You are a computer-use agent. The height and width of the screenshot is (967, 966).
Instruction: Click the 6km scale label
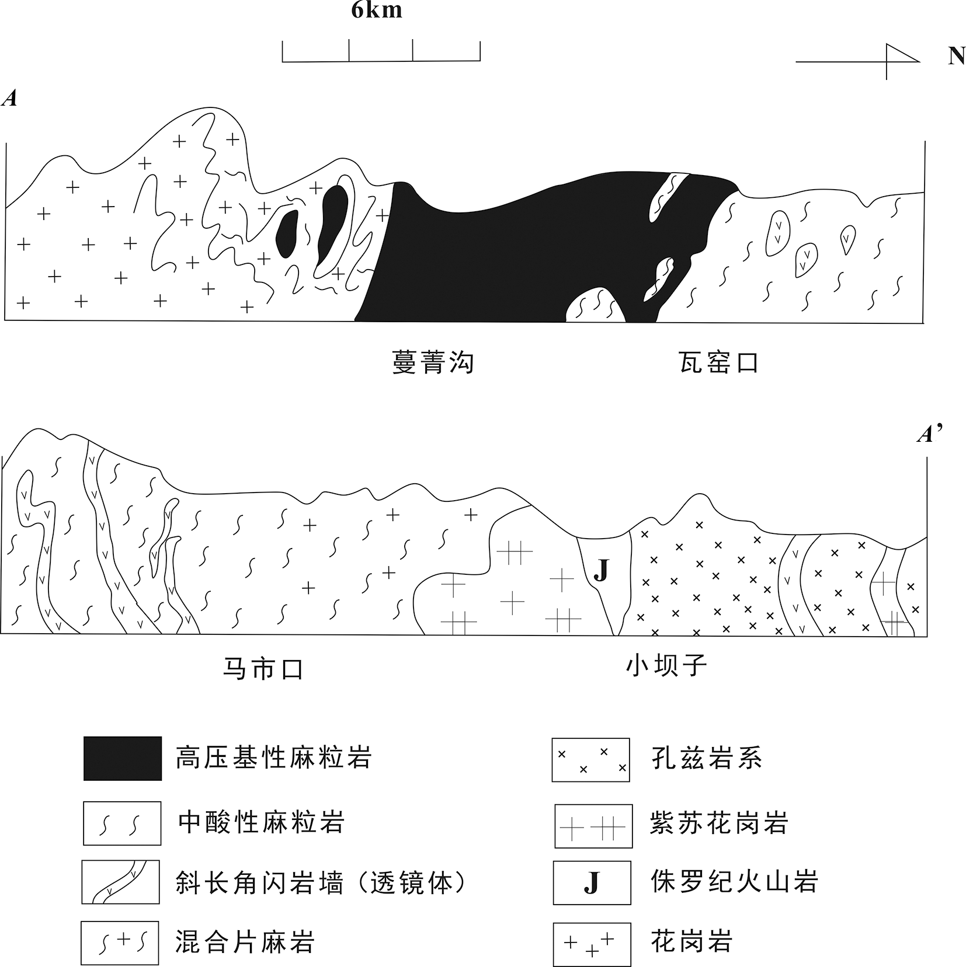[x=377, y=10]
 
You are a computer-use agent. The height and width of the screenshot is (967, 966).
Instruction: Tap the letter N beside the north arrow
[x=956, y=57]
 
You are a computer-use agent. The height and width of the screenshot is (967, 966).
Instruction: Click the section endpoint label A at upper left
[x=9, y=99]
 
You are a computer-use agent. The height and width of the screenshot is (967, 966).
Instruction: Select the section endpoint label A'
[x=929, y=434]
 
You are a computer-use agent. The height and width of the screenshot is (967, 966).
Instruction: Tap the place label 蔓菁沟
[x=433, y=362]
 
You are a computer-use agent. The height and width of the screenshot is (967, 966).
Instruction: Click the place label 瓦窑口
[x=718, y=362]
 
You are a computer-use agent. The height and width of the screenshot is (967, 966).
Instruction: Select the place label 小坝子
[x=666, y=665]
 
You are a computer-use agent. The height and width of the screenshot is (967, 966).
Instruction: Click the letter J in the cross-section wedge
[x=601, y=571]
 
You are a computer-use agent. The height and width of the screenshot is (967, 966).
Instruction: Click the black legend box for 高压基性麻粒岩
[x=123, y=759]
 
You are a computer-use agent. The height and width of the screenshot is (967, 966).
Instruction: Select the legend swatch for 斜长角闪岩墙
[x=120, y=882]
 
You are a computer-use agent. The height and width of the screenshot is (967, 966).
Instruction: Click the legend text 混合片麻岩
[x=245, y=942]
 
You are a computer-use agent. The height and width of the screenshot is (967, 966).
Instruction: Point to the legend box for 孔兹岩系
[x=590, y=760]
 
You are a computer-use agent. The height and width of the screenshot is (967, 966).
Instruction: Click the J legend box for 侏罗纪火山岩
[x=592, y=883]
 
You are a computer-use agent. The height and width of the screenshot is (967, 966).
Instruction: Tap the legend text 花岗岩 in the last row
[x=692, y=941]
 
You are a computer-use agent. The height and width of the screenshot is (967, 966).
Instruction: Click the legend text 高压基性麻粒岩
[x=274, y=758]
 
